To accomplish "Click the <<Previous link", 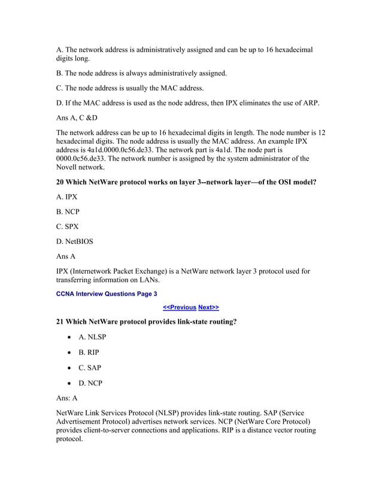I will tap(180, 307).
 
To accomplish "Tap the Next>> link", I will tap(208, 307).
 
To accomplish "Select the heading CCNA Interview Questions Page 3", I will tap(106, 294).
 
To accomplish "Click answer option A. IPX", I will tap(66, 197).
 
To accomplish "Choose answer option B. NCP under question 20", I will tap(68, 212).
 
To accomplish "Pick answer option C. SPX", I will tap(67, 227).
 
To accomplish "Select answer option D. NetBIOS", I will tap(74, 242).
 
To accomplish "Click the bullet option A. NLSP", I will tap(92, 337).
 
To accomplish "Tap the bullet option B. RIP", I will tap(89, 352).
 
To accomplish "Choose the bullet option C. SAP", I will tap(89, 368).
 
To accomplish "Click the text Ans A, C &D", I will tap(77, 117).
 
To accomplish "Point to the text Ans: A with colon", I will tap(66, 398).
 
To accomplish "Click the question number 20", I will tap(60, 182).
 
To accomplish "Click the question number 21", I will tap(60, 322).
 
